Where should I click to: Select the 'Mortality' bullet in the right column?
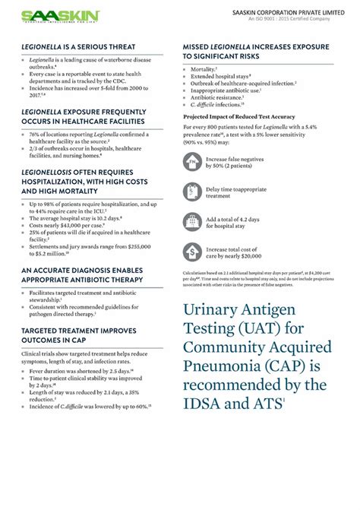coord(204,69)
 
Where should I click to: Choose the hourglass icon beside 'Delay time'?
coord(194,192)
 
